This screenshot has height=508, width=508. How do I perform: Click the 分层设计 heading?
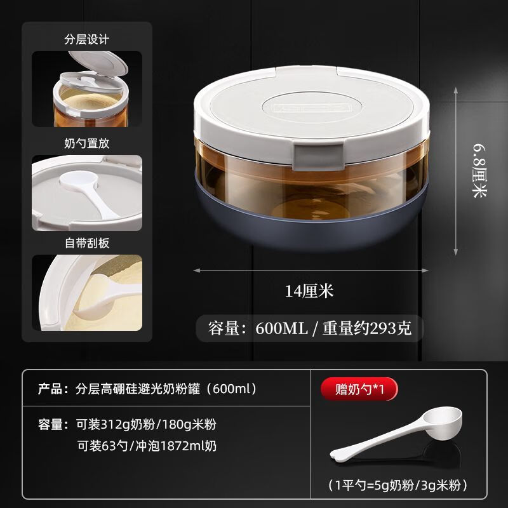click(x=87, y=39)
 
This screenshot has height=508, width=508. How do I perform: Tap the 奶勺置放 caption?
click(x=87, y=143)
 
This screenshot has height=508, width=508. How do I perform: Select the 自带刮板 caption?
click(x=87, y=243)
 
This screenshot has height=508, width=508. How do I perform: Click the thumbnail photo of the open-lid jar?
click(x=87, y=89)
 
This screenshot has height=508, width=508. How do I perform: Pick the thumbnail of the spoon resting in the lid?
click(x=87, y=192)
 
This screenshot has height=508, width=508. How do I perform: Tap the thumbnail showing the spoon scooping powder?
click(x=87, y=292)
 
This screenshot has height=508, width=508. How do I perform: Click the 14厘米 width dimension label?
click(x=309, y=291)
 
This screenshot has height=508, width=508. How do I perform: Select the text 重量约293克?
click(x=366, y=328)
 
